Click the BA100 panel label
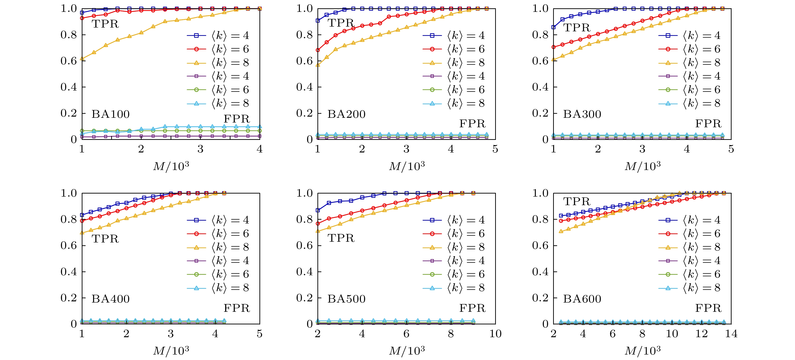point(110,114)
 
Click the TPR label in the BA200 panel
point(341,23)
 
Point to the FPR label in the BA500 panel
point(472,308)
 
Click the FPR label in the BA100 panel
point(236,119)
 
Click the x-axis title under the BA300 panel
point(642,166)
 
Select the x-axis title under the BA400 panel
point(171,351)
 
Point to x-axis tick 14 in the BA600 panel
point(731,334)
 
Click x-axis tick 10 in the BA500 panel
point(495,334)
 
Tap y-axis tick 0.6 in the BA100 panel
point(68,61)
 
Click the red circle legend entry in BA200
point(454,49)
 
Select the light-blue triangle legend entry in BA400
point(218,288)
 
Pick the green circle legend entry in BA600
point(690,274)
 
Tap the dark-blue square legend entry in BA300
point(690,35)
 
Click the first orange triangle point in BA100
point(82,58)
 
